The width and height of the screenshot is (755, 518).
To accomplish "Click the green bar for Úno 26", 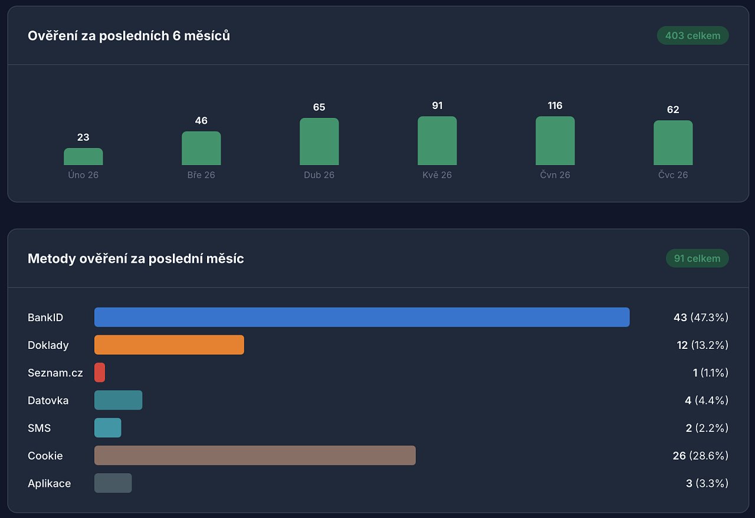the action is [x=83, y=156].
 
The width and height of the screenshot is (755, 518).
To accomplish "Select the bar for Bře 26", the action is [x=201, y=148].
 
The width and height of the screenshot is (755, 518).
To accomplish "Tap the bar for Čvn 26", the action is [x=555, y=140].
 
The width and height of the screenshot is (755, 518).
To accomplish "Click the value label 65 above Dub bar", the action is [x=319, y=107].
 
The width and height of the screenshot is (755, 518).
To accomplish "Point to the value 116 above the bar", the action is [x=555, y=105].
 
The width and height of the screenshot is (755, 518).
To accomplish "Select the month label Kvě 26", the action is [x=437, y=175].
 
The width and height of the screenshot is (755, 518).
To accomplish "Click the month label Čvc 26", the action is [x=673, y=175].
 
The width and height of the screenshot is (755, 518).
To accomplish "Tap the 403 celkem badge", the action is [x=692, y=35].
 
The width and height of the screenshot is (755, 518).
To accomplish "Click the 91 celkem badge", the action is [x=697, y=258].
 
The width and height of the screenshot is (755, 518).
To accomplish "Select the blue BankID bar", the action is [x=362, y=317].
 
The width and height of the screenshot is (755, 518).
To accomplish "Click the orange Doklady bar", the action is [x=169, y=345].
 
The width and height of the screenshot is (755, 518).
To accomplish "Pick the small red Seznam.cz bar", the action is [x=100, y=372].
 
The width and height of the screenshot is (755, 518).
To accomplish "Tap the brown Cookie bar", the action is [x=255, y=456].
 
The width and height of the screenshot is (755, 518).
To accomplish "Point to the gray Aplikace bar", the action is [x=113, y=483].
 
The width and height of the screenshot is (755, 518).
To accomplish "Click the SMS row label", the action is [x=39, y=428].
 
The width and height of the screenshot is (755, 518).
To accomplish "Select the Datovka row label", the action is [x=48, y=400].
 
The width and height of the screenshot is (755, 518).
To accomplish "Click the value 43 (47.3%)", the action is [x=701, y=317].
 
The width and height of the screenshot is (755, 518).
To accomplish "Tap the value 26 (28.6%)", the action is [x=701, y=456].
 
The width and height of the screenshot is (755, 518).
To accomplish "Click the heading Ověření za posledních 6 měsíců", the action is [x=129, y=36].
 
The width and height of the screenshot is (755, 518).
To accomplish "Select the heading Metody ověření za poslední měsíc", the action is [x=136, y=259].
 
